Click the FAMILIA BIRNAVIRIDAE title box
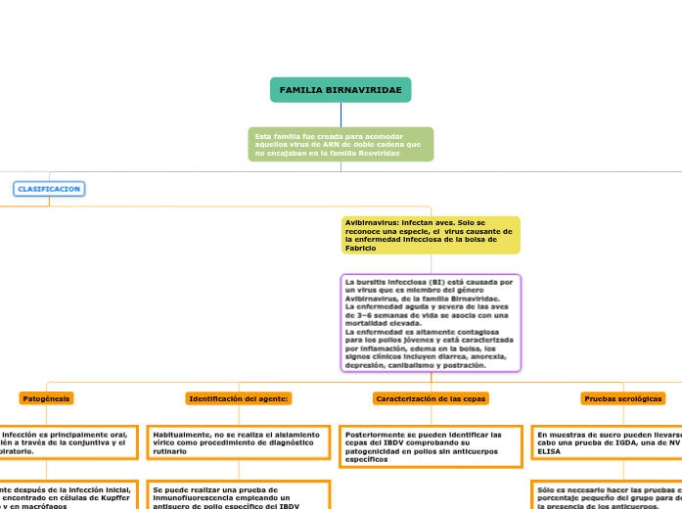[x=341, y=90]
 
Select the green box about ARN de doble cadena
[x=341, y=144]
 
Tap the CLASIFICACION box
[x=49, y=188]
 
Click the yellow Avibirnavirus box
[x=431, y=235]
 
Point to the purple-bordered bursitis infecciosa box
[x=431, y=323]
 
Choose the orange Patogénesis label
[x=46, y=398]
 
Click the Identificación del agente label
[x=239, y=398]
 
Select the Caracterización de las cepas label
[x=431, y=398]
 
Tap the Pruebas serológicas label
[x=623, y=398]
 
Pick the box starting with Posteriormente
[x=431, y=446]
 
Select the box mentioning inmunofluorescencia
[x=238, y=495]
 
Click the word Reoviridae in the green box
[x=377, y=155]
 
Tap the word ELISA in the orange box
[x=549, y=452]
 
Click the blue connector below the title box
[x=341, y=115]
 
